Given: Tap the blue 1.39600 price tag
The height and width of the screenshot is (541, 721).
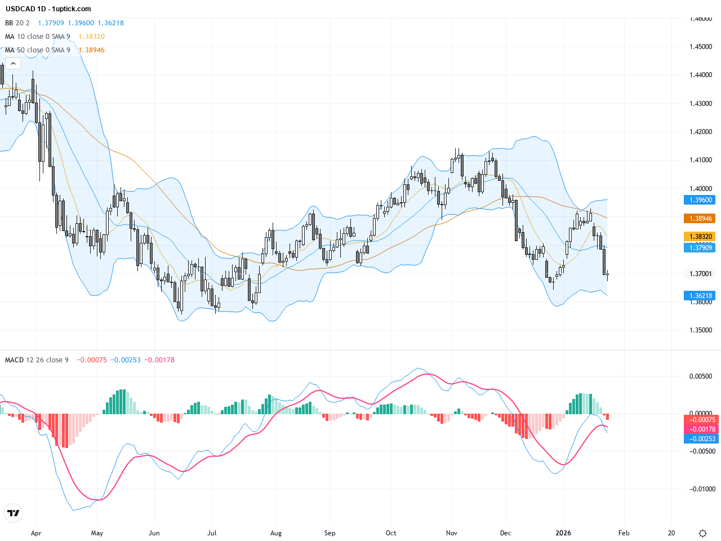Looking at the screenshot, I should [699, 200].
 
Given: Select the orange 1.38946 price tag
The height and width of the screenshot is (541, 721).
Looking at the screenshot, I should [699, 219].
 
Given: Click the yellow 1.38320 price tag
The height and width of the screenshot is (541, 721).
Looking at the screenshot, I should [699, 237].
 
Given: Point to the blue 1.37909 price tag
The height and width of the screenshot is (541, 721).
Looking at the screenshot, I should [699, 247].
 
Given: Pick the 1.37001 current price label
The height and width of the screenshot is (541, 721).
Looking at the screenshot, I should [701, 274].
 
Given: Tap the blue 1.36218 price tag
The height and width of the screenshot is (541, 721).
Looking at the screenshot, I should [699, 296].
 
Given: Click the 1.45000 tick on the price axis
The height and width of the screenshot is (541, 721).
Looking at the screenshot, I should [701, 47].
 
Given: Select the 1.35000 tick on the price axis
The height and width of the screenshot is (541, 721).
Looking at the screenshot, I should [701, 330].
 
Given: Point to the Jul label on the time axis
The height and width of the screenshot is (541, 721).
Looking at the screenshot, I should [212, 533].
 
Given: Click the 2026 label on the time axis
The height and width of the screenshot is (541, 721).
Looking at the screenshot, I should [563, 533].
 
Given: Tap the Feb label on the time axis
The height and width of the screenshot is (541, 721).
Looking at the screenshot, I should [624, 533].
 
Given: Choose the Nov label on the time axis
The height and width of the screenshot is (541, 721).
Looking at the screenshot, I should [451, 533].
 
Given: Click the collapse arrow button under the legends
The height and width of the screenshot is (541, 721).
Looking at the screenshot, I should [13, 64].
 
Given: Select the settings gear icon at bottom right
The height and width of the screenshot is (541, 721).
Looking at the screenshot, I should [702, 533].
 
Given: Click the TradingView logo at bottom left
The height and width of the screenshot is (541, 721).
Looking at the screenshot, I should [13, 513].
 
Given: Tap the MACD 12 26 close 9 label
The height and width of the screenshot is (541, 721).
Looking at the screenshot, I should [37, 360].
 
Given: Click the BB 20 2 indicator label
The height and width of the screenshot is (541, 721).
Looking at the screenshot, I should [17, 23].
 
